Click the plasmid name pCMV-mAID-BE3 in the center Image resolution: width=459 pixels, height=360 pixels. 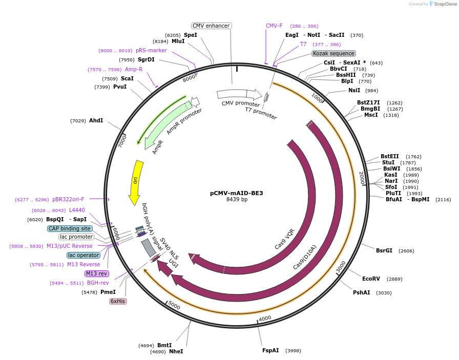tap(236, 193)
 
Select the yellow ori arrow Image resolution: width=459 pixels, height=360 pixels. tap(135, 182)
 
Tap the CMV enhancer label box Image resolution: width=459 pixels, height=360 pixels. tap(212, 26)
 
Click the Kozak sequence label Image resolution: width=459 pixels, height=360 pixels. tap(333, 53)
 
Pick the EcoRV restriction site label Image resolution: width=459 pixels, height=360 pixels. tap(371, 279)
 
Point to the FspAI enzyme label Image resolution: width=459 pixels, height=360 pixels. tap(270, 350)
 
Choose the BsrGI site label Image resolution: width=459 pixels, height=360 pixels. tap(384, 250)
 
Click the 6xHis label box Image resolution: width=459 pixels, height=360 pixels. tap(118, 301)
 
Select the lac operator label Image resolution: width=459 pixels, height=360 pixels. tap(84, 255)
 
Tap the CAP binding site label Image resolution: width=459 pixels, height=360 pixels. tap(70, 228)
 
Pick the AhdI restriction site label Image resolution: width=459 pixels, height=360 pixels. tap(96, 120)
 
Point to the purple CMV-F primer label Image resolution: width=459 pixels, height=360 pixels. tap(274, 26)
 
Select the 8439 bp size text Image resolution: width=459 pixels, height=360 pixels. tap(237, 200)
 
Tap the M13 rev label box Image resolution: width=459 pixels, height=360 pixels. tap(96, 273)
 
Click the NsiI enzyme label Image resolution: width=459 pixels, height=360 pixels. tap(354, 90)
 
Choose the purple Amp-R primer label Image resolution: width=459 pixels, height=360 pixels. tap(134, 69)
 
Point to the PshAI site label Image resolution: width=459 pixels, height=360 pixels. tap(361, 292)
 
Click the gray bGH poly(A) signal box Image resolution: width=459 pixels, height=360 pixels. tap(149, 248)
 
